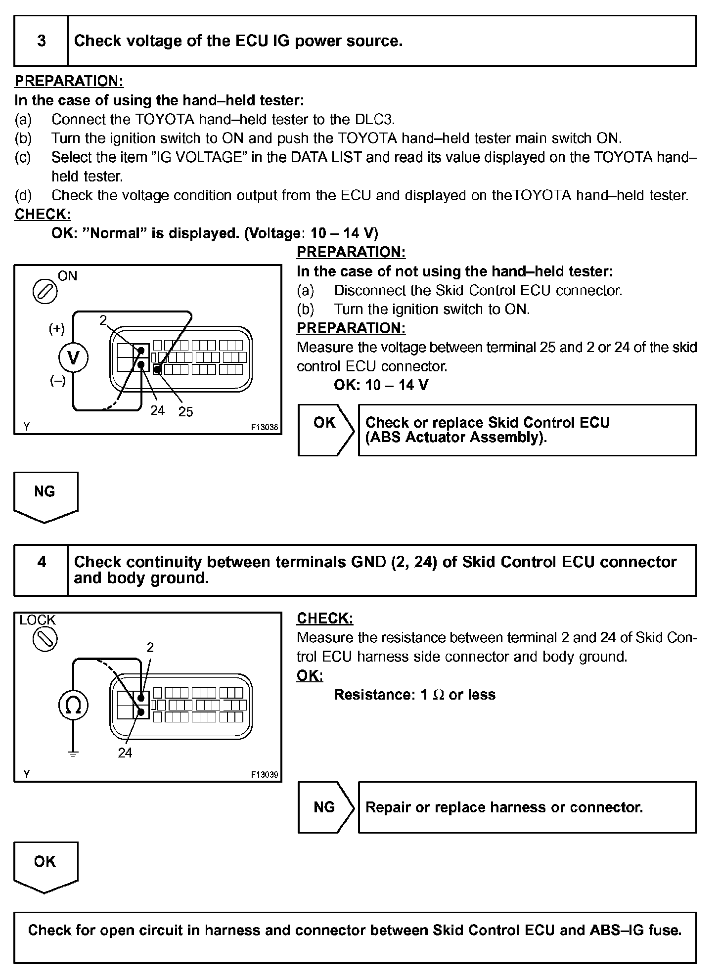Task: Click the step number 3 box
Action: click(x=41, y=41)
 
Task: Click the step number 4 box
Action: click(x=41, y=570)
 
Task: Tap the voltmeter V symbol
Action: click(x=73, y=357)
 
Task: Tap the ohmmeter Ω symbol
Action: click(x=73, y=705)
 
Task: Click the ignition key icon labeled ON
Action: click(x=45, y=292)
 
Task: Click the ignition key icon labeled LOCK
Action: click(x=45, y=639)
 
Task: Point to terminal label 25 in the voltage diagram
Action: click(x=185, y=412)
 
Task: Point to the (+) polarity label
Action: click(x=57, y=329)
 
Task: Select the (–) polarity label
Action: click(x=58, y=381)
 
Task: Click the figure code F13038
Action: click(x=265, y=427)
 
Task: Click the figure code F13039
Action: click(x=265, y=775)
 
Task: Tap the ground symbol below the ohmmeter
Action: click(x=73, y=754)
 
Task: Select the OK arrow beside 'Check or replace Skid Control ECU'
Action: click(x=326, y=430)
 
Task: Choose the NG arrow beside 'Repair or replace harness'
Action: click(x=326, y=807)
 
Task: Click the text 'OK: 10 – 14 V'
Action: click(x=381, y=385)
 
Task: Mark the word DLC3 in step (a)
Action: click(x=374, y=120)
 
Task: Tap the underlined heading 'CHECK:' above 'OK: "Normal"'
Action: click(x=43, y=215)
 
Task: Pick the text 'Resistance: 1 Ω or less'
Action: click(x=414, y=695)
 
